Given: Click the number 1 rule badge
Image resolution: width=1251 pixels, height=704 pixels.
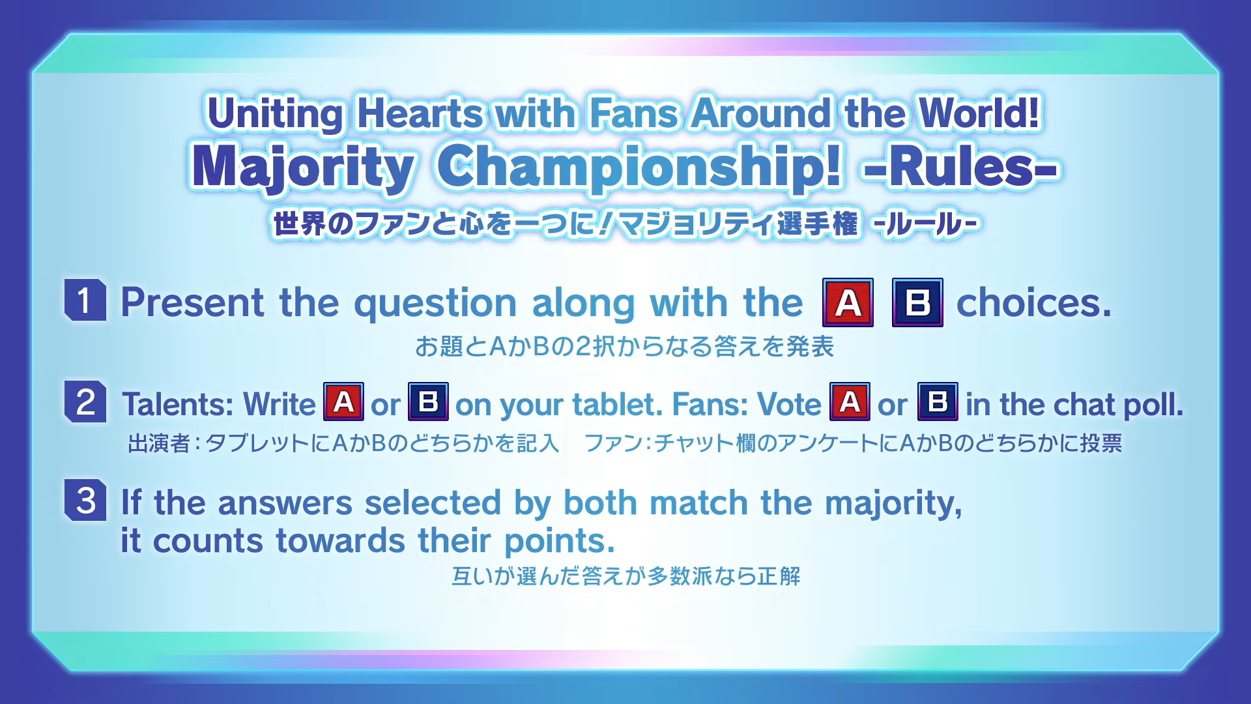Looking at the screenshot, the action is [x=85, y=300].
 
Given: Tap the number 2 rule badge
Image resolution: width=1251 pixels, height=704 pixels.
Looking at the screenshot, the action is [x=85, y=402].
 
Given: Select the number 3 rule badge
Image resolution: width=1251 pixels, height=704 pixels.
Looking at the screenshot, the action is [x=85, y=500].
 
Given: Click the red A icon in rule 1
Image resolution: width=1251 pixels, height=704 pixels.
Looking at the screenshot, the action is [x=848, y=302].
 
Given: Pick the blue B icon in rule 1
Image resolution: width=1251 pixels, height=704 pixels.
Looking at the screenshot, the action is [x=917, y=302].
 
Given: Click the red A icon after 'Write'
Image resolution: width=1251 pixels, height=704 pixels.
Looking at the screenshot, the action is [x=343, y=402].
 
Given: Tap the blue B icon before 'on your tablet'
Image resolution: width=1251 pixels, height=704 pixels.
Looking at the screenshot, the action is [x=428, y=402].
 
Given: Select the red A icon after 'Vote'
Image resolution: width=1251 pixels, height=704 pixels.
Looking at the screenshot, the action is [x=850, y=402].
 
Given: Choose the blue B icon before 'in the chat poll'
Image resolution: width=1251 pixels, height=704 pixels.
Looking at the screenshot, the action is [x=938, y=402].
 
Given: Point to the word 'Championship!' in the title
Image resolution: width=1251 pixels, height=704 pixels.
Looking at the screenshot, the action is [x=640, y=168].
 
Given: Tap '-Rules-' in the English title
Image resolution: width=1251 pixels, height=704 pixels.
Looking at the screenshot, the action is [x=962, y=167].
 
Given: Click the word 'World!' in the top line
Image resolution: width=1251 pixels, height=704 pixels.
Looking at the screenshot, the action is [x=979, y=112].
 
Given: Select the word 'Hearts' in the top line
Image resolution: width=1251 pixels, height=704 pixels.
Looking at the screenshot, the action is [x=420, y=113].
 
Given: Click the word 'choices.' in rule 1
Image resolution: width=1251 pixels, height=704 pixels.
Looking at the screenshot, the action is [x=1034, y=302].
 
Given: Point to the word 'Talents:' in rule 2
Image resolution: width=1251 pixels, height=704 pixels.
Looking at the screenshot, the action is [x=178, y=404].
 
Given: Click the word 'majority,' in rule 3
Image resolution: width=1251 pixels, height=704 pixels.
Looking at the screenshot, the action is [x=893, y=504].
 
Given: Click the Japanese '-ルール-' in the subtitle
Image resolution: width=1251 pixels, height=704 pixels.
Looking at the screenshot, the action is [x=927, y=224].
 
